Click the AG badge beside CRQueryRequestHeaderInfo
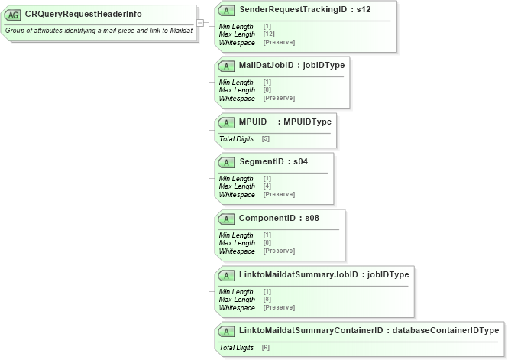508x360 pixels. point(13,15)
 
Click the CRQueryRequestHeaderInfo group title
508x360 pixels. point(83,14)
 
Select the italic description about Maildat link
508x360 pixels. point(99,30)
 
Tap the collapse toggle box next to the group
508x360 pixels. point(199,23)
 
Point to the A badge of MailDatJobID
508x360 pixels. point(227,65)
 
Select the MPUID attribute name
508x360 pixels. point(252,122)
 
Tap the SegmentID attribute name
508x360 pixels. point(262,161)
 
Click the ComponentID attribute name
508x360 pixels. point(267,218)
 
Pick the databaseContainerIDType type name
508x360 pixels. point(445,330)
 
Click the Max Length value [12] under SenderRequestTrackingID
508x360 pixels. point(269,34)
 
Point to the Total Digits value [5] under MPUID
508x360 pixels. point(266,138)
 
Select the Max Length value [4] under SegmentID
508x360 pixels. point(267,186)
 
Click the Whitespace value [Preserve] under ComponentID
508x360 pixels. point(279,251)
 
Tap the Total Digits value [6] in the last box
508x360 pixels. point(266,347)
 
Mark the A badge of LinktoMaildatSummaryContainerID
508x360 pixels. point(227,331)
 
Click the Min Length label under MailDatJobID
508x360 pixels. point(236,83)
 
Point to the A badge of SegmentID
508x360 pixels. point(227,162)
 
